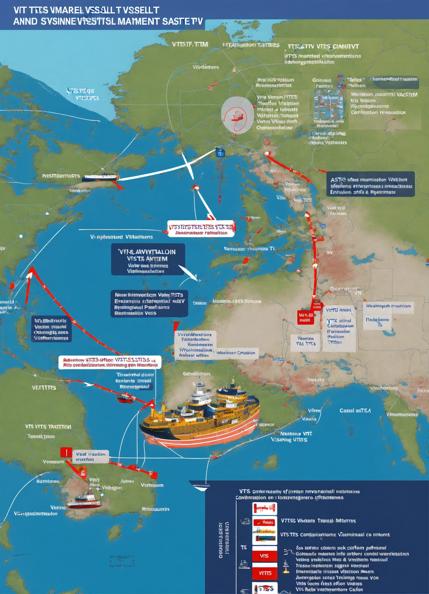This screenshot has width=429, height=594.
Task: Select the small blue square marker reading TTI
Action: pos(220,152)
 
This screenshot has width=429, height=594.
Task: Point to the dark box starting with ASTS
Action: pos(370,184)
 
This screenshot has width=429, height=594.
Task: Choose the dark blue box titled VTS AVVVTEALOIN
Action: pos(148,259)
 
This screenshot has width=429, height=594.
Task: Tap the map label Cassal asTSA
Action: pos(355,411)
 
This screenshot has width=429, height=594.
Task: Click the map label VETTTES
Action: pos(44,387)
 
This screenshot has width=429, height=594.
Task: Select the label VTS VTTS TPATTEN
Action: pos(48,427)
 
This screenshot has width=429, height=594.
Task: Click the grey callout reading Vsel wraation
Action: pos(90,457)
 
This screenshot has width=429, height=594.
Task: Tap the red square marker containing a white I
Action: pos(66,452)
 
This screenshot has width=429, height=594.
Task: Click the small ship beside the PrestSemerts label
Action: pos(101,177)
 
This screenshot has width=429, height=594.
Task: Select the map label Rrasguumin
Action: pos(155,509)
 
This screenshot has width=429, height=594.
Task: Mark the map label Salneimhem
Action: pos(196,374)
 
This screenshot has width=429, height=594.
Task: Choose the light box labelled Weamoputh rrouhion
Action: pos(388,306)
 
